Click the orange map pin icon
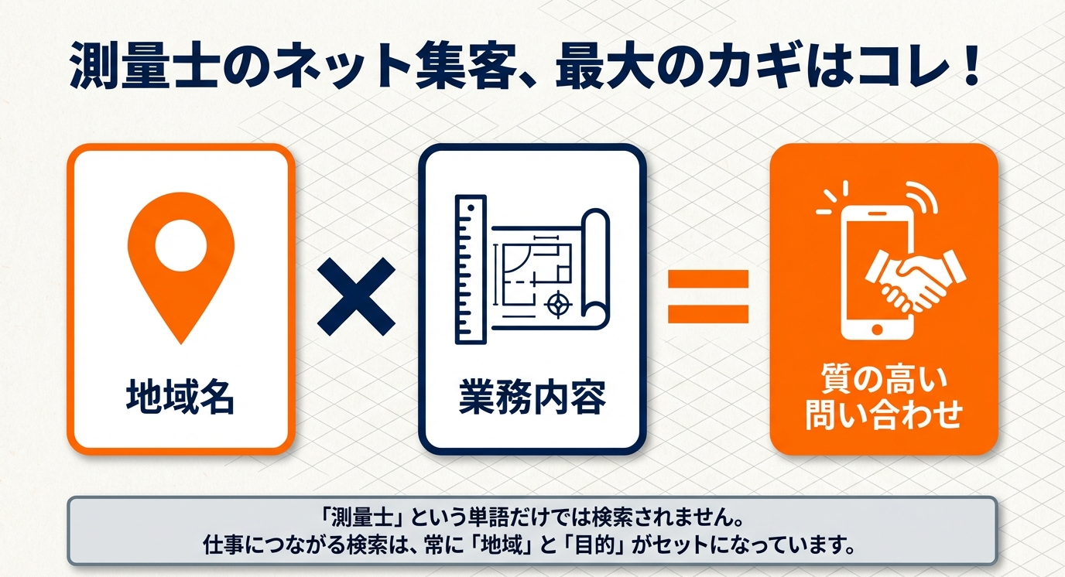180,266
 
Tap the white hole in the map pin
180,246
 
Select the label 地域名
180,397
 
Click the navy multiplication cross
356,296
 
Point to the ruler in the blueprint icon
471,269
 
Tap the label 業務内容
532,397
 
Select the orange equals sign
708,296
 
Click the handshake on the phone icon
914,282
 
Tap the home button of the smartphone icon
877,329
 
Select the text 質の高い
882,379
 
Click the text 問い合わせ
883,414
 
